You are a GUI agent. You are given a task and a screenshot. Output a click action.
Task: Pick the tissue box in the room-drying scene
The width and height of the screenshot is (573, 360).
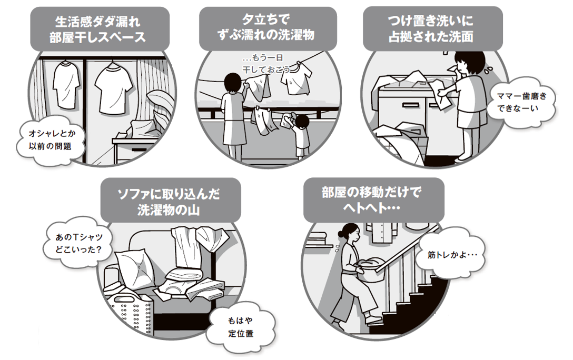[x=126, y=138]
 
